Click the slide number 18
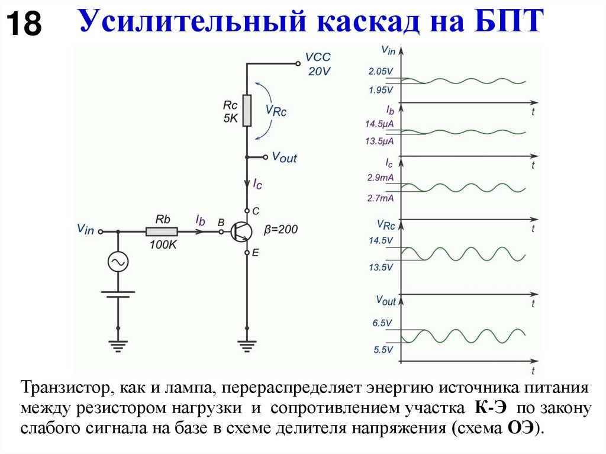click(24, 25)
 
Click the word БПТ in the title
click(508, 23)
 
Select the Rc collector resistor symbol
click(246, 110)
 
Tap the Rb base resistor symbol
click(162, 231)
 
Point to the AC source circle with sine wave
click(117, 261)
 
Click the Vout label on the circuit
click(284, 157)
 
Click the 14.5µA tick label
click(380, 124)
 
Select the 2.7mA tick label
click(381, 199)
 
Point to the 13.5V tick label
click(381, 267)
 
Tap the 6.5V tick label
click(383, 324)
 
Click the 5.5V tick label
click(383, 349)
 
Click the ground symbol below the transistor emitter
click(246, 343)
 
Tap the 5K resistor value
click(231, 118)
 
